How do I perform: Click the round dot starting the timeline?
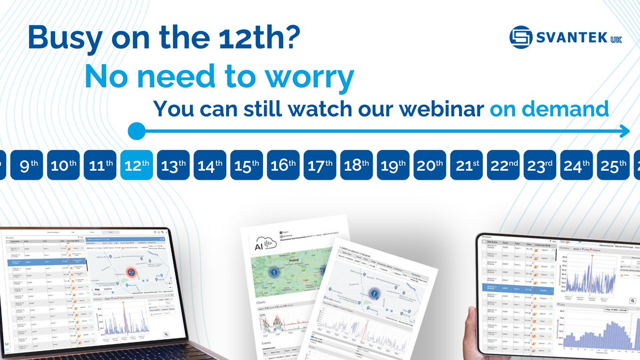tap(137, 130)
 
